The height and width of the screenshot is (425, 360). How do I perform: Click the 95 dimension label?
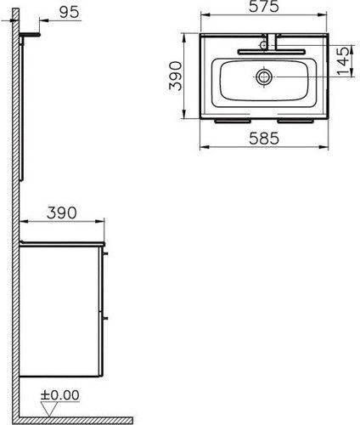click(70, 12)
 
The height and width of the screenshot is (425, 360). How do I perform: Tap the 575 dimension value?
click(264, 7)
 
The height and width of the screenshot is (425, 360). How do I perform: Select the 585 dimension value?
click(264, 139)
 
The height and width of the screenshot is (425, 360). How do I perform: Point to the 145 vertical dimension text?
click(343, 61)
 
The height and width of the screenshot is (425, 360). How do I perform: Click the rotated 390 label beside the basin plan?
click(175, 76)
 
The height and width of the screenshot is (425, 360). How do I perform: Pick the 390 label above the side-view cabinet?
click(62, 212)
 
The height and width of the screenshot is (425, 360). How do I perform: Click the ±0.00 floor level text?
click(60, 395)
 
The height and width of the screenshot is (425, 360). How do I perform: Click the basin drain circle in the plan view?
click(264, 76)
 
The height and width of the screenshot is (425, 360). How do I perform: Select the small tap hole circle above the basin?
click(263, 45)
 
